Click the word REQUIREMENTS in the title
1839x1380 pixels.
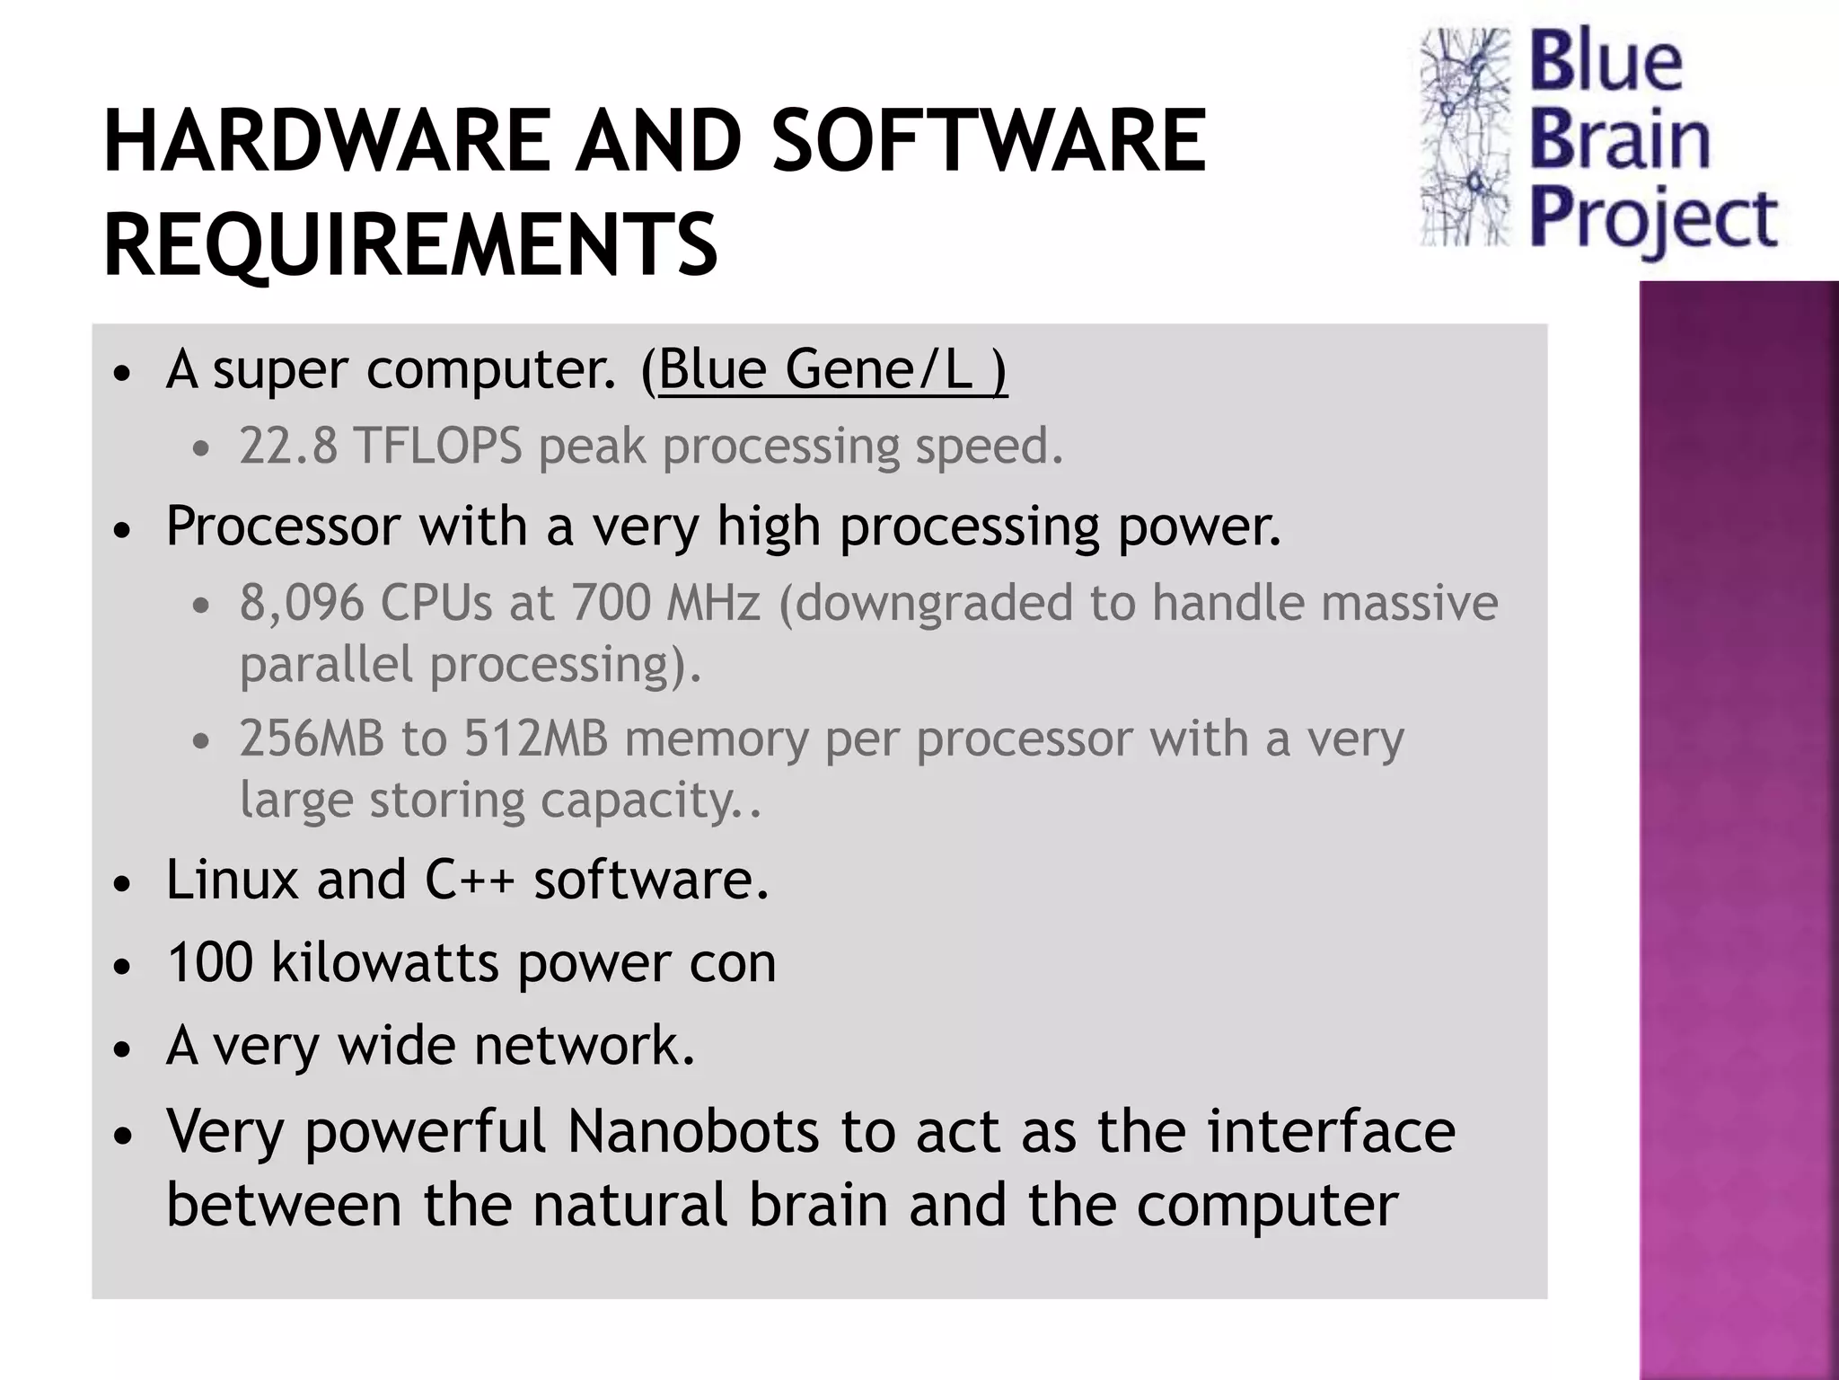(410, 244)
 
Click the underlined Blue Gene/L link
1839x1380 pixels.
(832, 369)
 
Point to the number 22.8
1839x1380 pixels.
(288, 447)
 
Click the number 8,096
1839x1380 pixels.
(302, 603)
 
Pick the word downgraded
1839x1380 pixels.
(934, 603)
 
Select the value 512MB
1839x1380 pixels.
(535, 739)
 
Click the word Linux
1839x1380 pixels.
(232, 880)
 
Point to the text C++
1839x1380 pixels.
(469, 880)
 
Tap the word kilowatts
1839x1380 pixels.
(385, 963)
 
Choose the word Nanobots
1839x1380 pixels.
(692, 1131)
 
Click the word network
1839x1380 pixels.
(584, 1046)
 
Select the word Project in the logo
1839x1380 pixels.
(1652, 220)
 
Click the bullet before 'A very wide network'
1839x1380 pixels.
(123, 1049)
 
